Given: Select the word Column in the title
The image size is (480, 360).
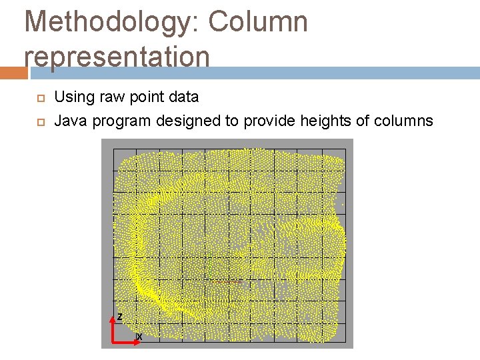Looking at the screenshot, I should pyautogui.click(x=258, y=22).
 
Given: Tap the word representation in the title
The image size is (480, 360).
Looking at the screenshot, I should pyautogui.click(x=117, y=56).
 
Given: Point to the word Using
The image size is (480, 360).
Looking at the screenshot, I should pyautogui.click(x=74, y=97).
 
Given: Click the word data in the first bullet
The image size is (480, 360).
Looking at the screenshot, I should pyautogui.click(x=183, y=97).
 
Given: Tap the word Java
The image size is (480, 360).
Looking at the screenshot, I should pyautogui.click(x=71, y=121).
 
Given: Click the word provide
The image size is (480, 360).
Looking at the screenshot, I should pyautogui.click(x=273, y=121).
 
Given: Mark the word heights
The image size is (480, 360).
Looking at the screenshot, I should pyautogui.click(x=328, y=121).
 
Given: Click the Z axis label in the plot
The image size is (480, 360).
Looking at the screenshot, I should pyautogui.click(x=119, y=315).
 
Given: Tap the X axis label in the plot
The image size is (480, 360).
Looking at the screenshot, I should pyautogui.click(x=139, y=337).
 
